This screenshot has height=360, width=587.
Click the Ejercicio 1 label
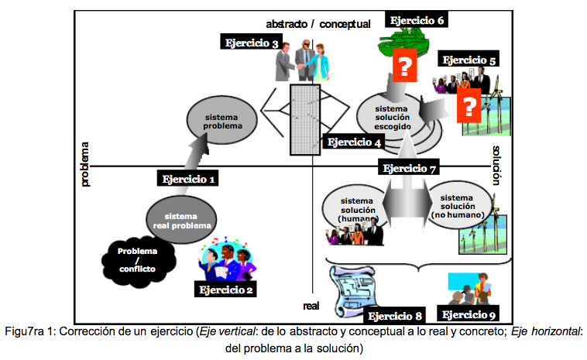(x=187, y=179)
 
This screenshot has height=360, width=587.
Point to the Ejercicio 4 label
(x=354, y=142)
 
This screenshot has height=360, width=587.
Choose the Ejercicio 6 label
(x=417, y=21)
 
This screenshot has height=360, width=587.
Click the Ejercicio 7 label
(x=410, y=168)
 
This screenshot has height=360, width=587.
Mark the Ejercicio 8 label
(x=395, y=315)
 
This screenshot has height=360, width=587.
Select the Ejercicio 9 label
(x=469, y=314)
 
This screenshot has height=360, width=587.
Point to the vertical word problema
(x=86, y=164)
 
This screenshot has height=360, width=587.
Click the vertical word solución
(x=496, y=164)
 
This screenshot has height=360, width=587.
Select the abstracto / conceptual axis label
(x=318, y=24)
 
